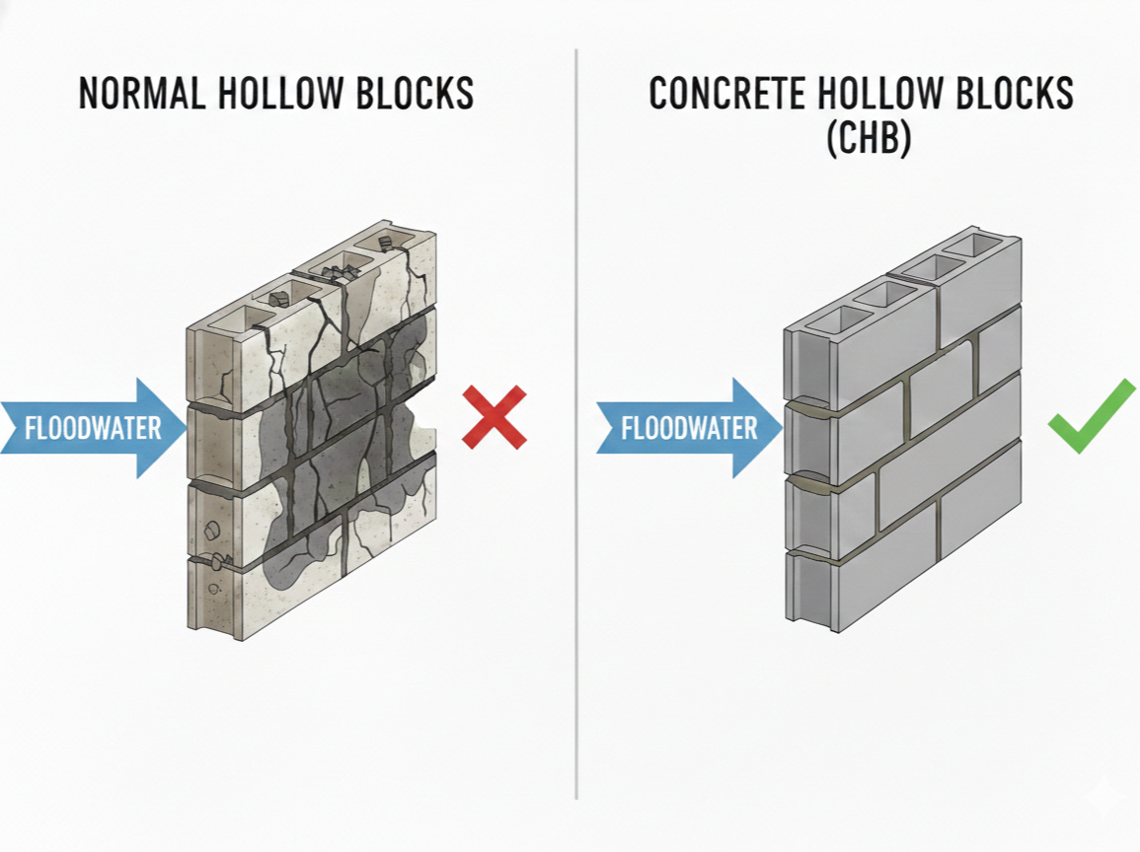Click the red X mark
tap(494, 417)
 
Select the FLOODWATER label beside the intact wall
tap(689, 428)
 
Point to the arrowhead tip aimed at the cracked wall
tap(186, 429)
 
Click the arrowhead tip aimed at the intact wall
tap(782, 428)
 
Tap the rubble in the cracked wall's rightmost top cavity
tap(386, 243)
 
